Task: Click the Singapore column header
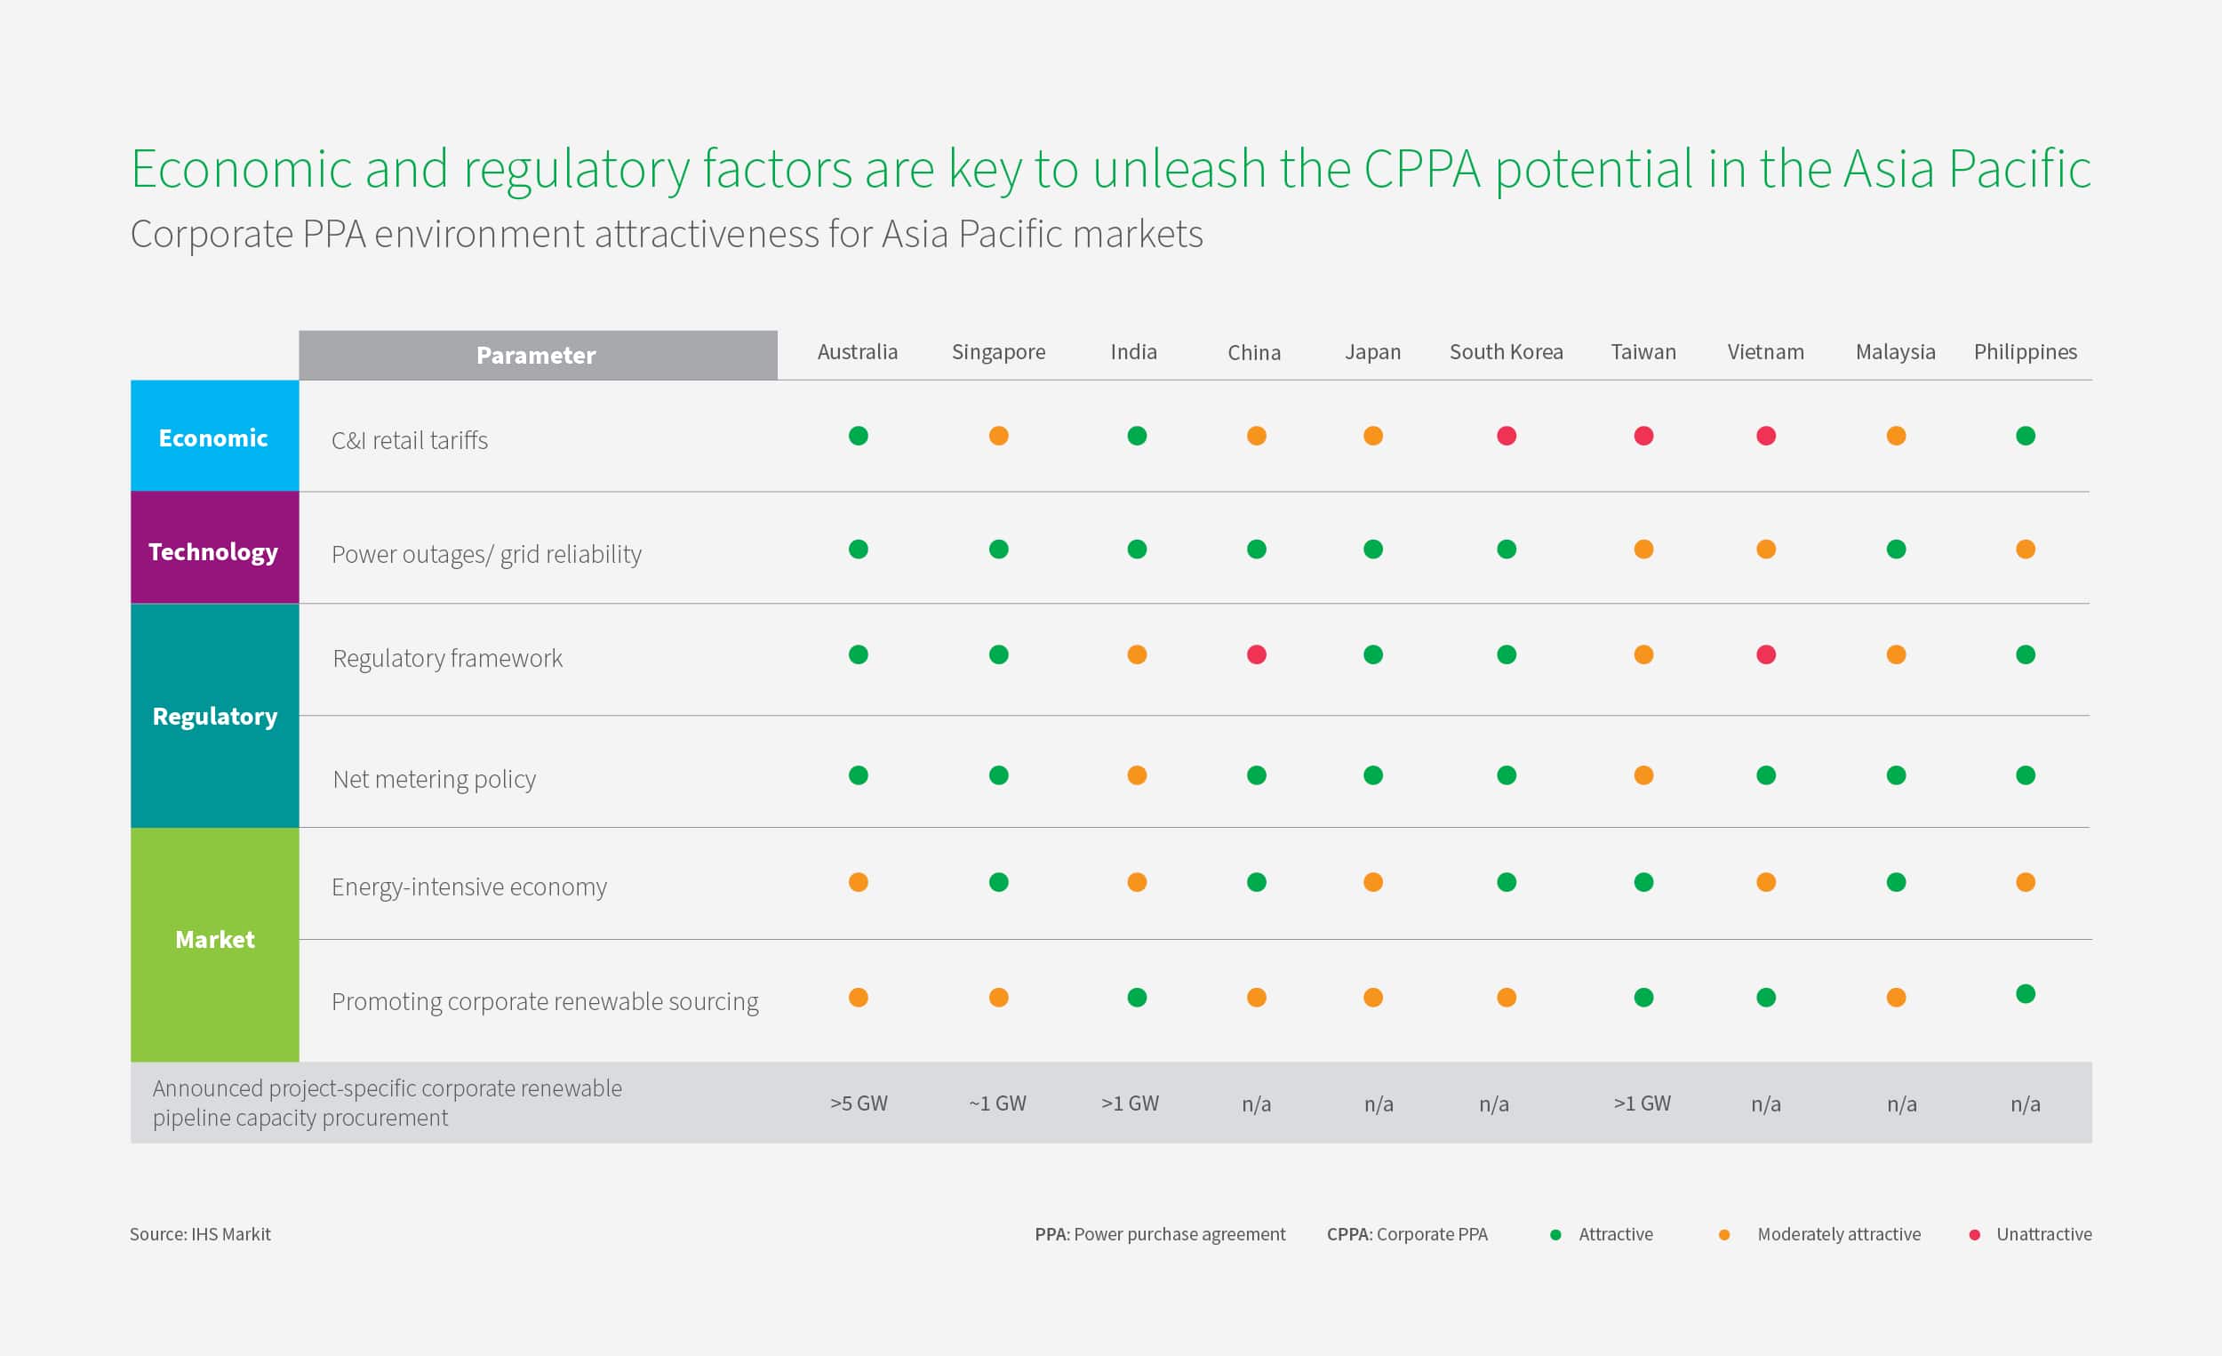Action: tap(998, 352)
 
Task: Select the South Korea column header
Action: tap(1506, 352)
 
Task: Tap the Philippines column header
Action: tap(2026, 352)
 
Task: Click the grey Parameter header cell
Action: tap(538, 356)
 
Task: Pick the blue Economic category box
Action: tap(214, 436)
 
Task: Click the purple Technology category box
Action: tap(214, 548)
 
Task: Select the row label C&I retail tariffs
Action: tap(410, 440)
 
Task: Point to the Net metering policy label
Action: tap(434, 779)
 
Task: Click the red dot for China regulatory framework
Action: tap(1256, 654)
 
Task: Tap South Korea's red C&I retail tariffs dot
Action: tap(1506, 436)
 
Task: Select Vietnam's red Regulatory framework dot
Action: tap(1766, 654)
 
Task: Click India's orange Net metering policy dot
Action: tap(1136, 775)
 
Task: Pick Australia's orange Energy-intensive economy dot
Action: tap(858, 881)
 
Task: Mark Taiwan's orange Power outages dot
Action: tap(1643, 549)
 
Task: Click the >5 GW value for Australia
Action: tap(859, 1103)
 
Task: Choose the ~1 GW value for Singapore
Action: tap(997, 1103)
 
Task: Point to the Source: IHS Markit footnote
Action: tap(200, 1234)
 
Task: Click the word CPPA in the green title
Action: tap(1422, 169)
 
